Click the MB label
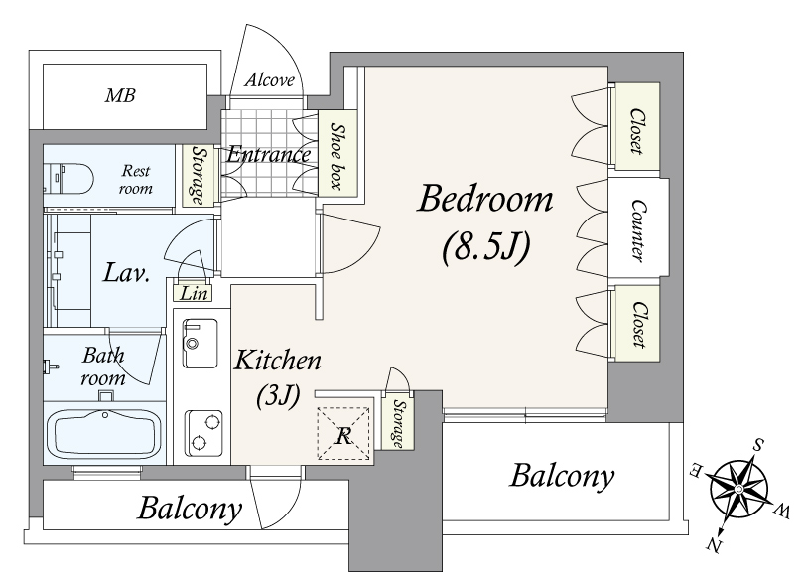point(120,95)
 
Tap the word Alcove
point(270,80)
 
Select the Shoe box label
point(336,156)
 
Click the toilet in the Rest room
point(69,178)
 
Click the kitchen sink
point(200,343)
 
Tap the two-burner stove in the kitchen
point(203,434)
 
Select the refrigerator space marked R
point(343,434)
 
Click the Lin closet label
point(195,294)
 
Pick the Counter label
point(638,231)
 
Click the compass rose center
point(738,488)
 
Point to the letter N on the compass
point(714,544)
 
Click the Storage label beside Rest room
point(196,175)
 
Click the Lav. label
point(126,272)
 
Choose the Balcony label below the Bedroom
point(562,476)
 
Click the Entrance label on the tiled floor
point(268,154)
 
